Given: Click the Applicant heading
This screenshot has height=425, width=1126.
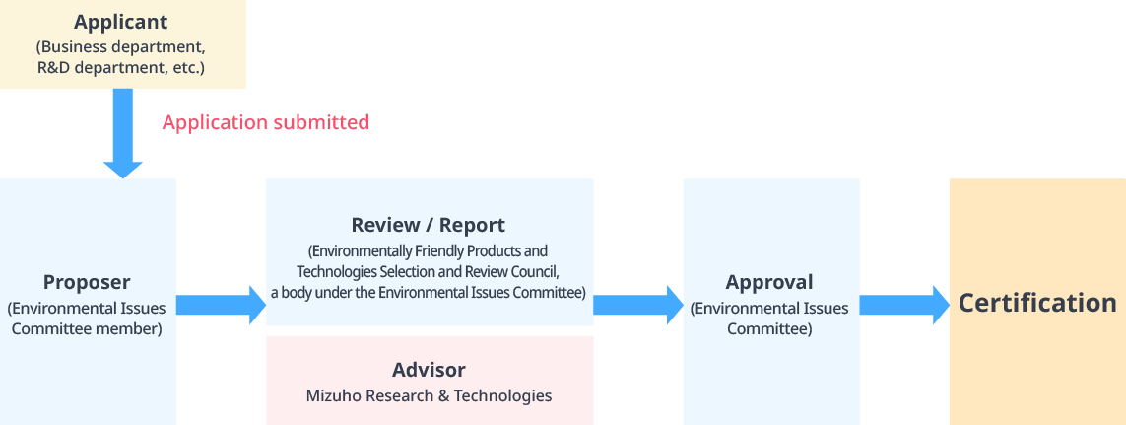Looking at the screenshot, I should coord(121,22).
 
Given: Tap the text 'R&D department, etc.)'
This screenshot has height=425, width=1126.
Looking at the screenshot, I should coord(121,69).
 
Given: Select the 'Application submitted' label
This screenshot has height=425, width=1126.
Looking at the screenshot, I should coord(266,122).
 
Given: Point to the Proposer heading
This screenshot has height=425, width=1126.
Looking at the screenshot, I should coord(87,282).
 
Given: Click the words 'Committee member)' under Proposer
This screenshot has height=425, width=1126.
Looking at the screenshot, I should coord(87,329).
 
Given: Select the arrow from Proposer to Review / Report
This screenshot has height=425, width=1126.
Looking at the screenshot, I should coord(221,305).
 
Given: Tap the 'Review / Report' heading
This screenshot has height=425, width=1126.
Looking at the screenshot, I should coord(429,225).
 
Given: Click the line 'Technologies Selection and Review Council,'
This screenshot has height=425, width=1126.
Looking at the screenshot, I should coord(429,271).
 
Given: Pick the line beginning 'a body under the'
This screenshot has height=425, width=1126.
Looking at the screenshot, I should coord(429,292).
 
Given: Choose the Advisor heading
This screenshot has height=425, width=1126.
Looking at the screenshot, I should coord(429,370).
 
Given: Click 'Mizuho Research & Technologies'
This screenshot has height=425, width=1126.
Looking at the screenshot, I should coord(429,395).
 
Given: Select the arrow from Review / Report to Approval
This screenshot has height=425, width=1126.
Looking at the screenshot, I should coord(637,305).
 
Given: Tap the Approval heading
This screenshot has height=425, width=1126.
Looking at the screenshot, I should coord(769,282).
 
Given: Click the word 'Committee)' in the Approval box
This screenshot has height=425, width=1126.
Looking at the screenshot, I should coord(769,329).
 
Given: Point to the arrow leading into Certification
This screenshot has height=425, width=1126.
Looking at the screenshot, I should coord(903,305).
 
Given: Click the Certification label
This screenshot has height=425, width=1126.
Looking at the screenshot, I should coord(1037,303).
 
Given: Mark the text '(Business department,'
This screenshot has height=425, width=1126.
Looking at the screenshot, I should coord(121,46).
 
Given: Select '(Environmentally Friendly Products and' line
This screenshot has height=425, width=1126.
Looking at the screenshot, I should coord(429,250).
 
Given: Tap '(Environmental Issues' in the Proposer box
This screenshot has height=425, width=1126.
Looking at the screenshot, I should coord(87,308).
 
